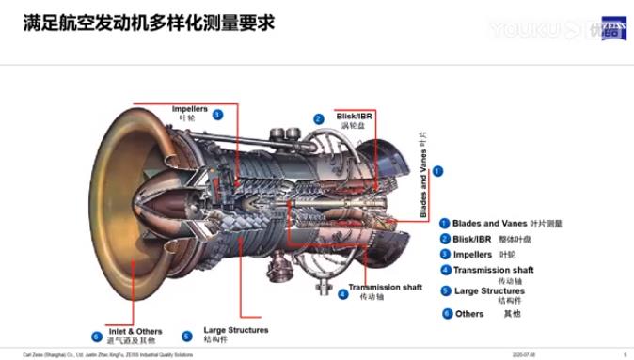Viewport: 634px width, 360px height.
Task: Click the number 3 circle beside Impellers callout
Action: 217,115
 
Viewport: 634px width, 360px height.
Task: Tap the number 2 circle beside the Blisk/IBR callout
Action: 319,119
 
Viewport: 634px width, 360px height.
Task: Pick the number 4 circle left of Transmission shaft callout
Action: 342,294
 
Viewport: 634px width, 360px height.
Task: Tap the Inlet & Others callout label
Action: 135,335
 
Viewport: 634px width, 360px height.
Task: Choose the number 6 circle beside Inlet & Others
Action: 96,336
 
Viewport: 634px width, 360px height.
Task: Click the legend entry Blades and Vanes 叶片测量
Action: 506,224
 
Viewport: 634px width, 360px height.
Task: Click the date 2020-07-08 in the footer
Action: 524,355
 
